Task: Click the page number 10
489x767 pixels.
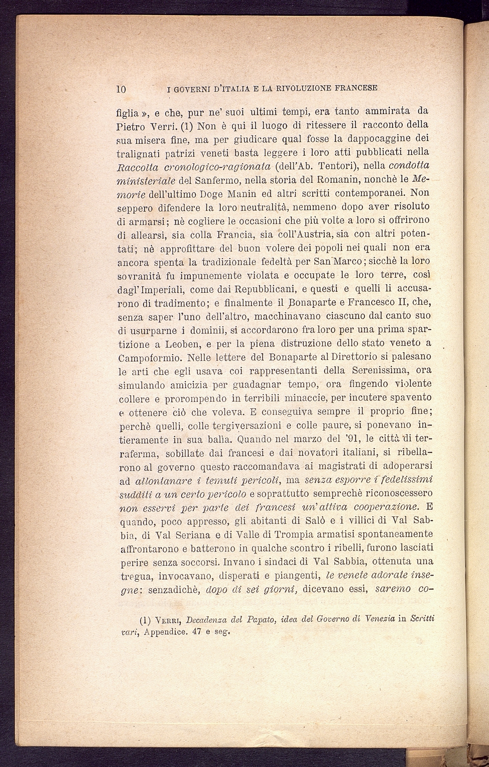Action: (120, 89)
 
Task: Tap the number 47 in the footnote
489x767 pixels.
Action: (197, 632)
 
